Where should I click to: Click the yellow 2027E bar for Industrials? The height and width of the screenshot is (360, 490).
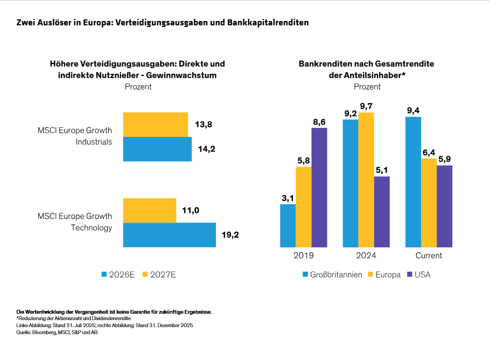click(x=155, y=124)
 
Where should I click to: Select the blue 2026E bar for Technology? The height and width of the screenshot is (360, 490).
click(x=169, y=235)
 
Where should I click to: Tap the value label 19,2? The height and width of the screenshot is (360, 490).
click(x=230, y=235)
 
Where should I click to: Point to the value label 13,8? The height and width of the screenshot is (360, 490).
click(x=203, y=124)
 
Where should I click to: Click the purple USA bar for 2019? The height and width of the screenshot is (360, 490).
click(x=319, y=187)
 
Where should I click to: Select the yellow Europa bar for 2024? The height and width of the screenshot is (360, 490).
click(x=367, y=179)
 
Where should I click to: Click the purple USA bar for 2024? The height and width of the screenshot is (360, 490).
click(x=382, y=211)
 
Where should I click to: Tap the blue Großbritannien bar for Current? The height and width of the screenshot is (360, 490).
click(x=413, y=182)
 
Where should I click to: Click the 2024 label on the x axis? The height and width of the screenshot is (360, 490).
click(x=366, y=255)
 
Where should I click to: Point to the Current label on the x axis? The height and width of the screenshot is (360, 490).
click(x=429, y=255)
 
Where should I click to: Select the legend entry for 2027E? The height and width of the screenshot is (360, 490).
click(x=159, y=275)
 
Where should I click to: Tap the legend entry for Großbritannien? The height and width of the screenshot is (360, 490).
click(x=332, y=275)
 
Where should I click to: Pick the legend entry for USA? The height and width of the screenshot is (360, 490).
click(x=418, y=275)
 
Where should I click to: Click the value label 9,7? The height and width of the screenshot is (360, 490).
click(x=367, y=105)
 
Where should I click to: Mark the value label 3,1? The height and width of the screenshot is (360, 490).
click(x=288, y=197)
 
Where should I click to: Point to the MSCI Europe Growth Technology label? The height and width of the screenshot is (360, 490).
click(x=75, y=222)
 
